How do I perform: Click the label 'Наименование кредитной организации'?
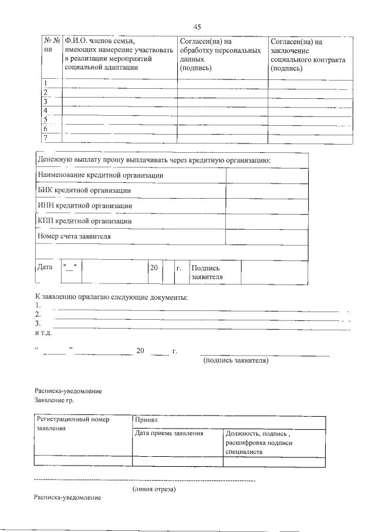click(x=100, y=175)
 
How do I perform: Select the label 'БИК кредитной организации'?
click(x=84, y=190)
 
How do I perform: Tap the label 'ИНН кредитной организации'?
click(x=85, y=206)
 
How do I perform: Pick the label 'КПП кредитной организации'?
click(x=85, y=221)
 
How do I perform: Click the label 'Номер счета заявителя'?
click(x=75, y=236)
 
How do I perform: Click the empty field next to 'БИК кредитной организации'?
click(x=266, y=190)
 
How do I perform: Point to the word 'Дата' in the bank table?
click(x=45, y=267)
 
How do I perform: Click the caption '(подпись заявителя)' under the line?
click(x=236, y=360)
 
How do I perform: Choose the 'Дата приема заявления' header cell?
click(x=169, y=433)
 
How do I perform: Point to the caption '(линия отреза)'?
click(x=154, y=488)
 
